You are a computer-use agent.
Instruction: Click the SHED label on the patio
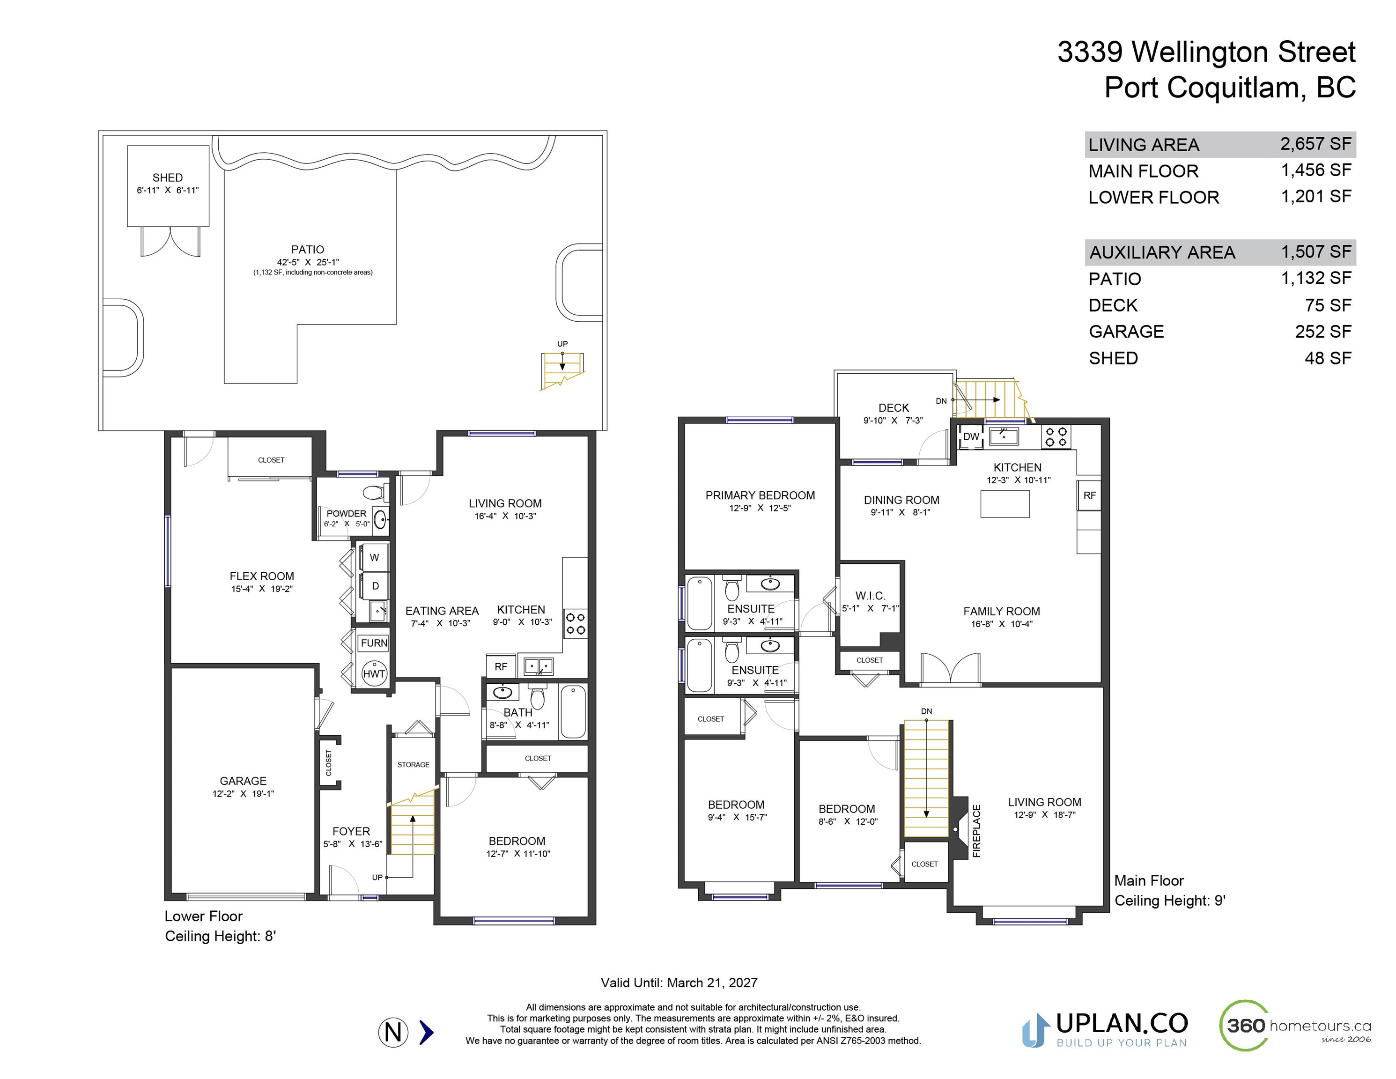pos(168,177)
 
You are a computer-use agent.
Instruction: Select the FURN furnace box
pos(374,643)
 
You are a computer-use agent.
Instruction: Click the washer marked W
pos(375,557)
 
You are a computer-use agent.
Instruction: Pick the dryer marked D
pos(375,586)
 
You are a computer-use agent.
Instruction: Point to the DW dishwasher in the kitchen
pos(971,436)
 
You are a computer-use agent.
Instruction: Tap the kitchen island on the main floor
pos(1005,504)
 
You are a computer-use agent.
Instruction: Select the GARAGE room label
pos(243,781)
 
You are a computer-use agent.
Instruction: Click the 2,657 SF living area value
pos(1315,144)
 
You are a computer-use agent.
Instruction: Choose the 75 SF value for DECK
pos(1328,305)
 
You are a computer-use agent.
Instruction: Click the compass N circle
pos(393,1032)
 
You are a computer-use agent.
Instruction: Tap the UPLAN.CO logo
pos(1105,1030)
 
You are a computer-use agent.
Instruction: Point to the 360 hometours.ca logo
pos(1295,1026)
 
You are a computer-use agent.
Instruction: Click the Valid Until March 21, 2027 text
pos(679,983)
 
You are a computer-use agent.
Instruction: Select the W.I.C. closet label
pos(870,596)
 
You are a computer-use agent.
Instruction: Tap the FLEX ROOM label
pos(262,576)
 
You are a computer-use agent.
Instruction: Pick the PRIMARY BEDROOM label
pos(760,495)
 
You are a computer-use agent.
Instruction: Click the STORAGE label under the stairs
pos(414,764)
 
